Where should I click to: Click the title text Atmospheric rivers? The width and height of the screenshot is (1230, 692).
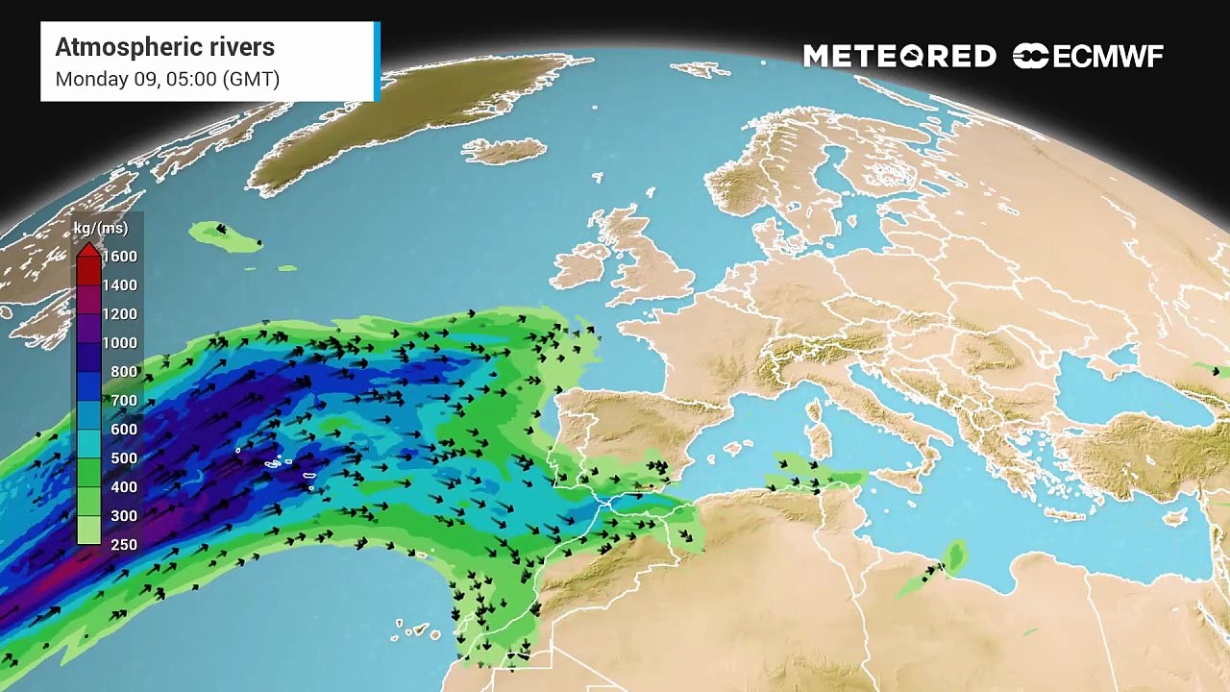tap(164, 47)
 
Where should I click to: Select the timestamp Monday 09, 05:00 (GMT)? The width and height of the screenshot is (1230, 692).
tap(167, 79)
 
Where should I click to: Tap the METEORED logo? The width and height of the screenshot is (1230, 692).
tap(899, 57)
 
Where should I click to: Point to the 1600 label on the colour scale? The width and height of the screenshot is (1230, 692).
tap(120, 257)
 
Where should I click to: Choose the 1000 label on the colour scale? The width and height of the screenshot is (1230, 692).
tap(120, 343)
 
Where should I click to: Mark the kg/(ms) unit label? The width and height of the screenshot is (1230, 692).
tap(101, 229)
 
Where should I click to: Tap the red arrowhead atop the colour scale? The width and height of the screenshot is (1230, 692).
tap(88, 251)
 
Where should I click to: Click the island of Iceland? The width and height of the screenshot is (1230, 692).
tap(504, 151)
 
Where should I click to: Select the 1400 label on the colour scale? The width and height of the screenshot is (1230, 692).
tap(120, 285)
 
